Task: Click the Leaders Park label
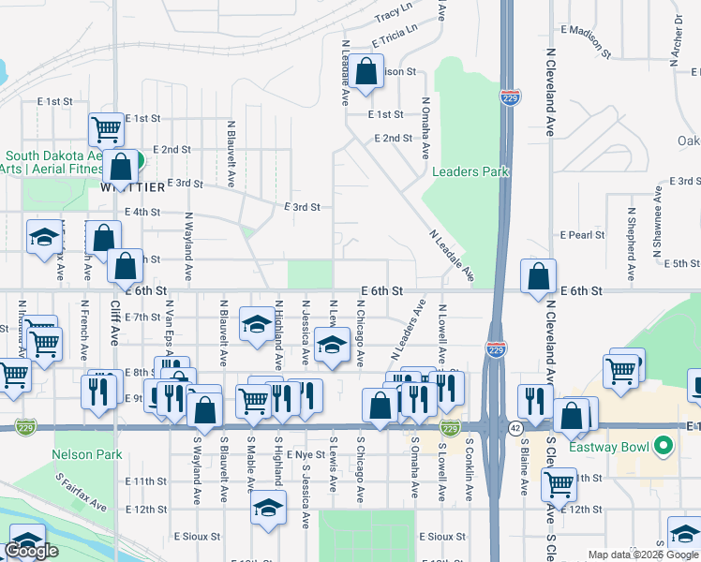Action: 470,171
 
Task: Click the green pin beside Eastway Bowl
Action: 664,446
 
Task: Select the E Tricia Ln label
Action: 394,36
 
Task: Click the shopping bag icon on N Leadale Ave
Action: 367,71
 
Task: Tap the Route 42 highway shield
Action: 516,427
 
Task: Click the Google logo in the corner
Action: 31,551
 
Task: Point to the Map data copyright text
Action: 643,555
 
